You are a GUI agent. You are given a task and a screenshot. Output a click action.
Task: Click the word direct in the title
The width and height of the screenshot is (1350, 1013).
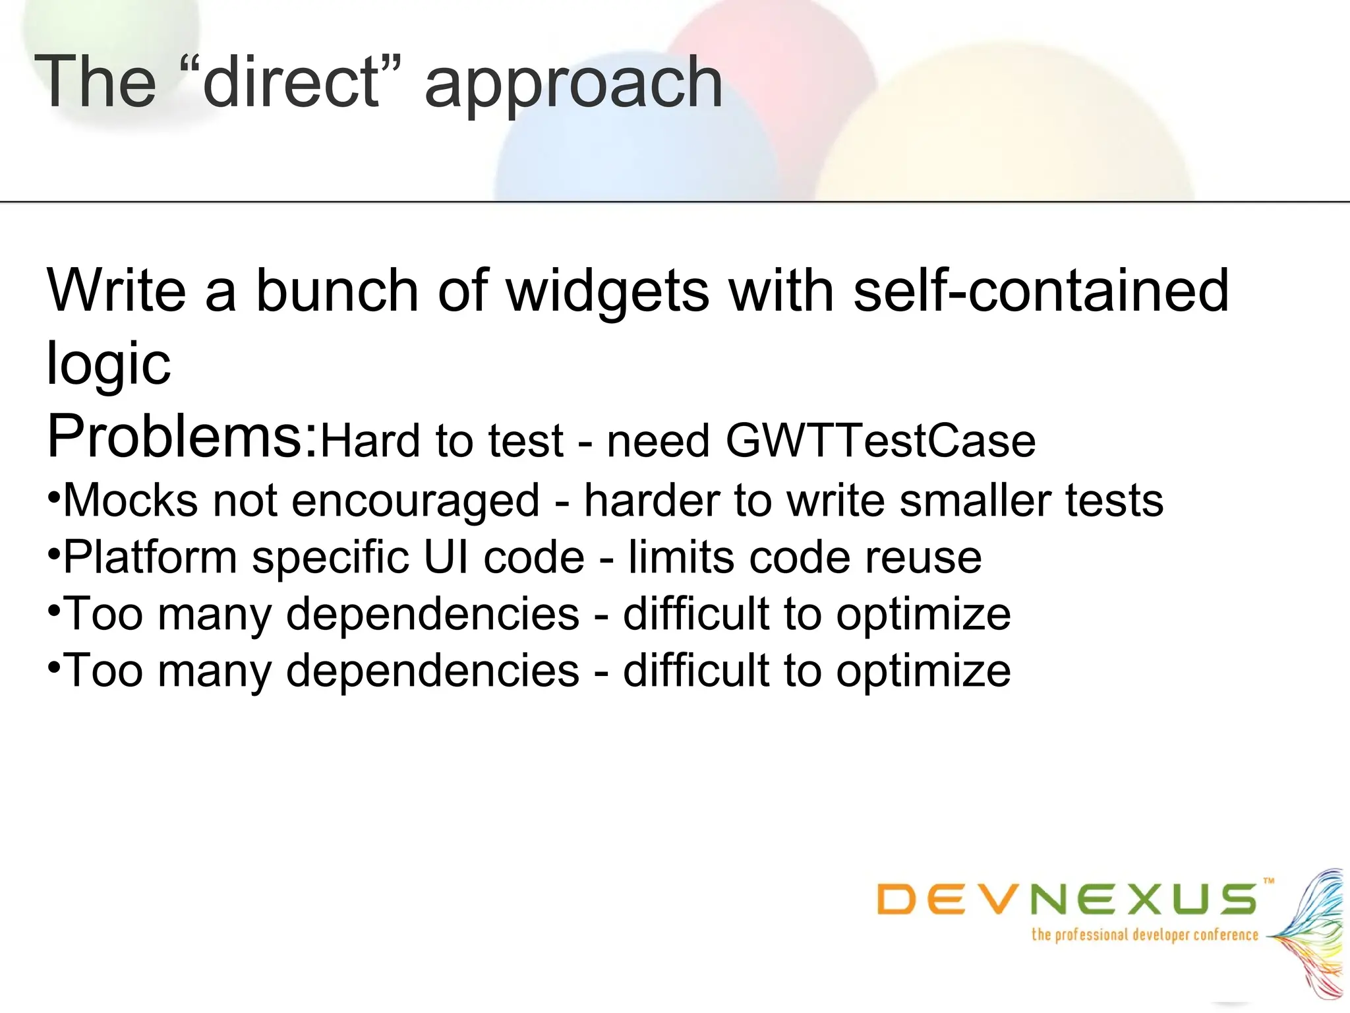pos(292,82)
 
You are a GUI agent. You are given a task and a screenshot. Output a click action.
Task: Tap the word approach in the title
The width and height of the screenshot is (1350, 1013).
pos(573,86)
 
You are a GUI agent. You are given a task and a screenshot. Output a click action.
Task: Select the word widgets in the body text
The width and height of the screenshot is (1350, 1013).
pos(608,292)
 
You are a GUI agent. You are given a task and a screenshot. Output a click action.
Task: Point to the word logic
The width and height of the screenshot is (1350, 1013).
pos(109,365)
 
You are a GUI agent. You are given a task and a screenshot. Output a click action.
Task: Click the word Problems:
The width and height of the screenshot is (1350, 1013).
pos(183,436)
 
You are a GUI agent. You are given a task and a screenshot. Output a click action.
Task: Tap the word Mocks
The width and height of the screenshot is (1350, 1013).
pos(131,500)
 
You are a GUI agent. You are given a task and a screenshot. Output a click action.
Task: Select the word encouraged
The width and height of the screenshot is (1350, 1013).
pos(415,501)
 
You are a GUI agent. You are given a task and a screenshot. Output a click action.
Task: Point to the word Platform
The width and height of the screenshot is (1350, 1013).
pos(150,558)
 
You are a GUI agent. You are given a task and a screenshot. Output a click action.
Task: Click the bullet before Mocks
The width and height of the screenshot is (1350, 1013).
pos(54,495)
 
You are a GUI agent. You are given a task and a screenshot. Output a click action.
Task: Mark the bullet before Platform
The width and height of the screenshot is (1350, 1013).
pos(54,551)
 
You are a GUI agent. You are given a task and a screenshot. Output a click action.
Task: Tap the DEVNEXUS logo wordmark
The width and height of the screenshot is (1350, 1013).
pos(1067,900)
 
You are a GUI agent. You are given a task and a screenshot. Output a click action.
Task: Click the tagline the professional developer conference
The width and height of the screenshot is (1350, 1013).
pos(1144,935)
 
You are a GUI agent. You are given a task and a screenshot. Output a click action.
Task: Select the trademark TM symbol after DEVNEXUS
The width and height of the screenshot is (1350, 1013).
pos(1269,880)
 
